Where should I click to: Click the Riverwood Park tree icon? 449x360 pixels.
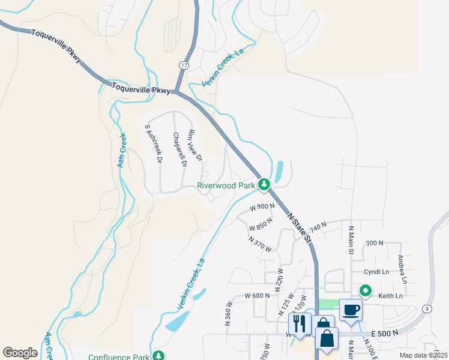coord(263,184)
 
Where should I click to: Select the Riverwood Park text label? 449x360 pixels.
coord(226,185)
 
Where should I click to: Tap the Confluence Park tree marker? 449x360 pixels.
coord(158,356)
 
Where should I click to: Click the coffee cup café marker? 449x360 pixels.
coord(351,310)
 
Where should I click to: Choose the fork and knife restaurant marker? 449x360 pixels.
coord(300,323)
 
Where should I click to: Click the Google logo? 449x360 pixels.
coord(20,352)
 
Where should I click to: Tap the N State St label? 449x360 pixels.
coord(300,227)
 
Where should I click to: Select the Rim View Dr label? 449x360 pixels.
coord(196,145)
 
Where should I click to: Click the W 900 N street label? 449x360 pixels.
coord(262,206)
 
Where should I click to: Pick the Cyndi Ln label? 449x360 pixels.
coord(377,271)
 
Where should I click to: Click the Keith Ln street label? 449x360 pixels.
coord(390,296)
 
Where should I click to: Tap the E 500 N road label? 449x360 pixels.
coord(385,333)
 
